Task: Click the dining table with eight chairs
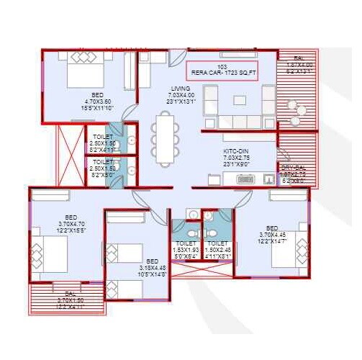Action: pos(164,139)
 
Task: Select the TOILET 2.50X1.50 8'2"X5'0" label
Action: pos(103,168)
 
